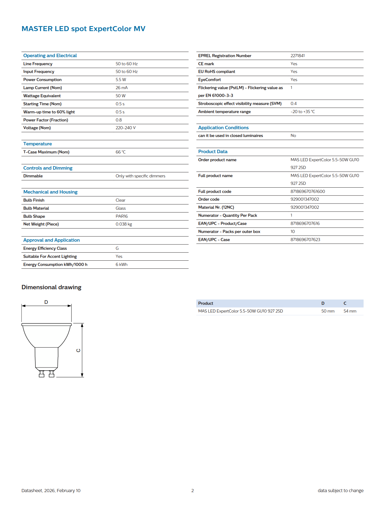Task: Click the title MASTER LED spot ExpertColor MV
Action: tap(83, 29)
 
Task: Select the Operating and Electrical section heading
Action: tap(50, 56)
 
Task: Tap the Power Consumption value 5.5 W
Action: tap(121, 80)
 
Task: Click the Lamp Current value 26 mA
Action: tap(122, 88)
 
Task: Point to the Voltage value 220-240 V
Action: tap(125, 128)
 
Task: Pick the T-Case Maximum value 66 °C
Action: tap(120, 152)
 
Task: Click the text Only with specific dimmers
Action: tap(140, 176)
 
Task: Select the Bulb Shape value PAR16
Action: tap(122, 217)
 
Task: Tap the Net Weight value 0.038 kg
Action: tap(124, 224)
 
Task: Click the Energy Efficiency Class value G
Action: tap(117, 249)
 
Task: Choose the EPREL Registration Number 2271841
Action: tap(297, 56)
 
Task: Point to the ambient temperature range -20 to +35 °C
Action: tap(302, 112)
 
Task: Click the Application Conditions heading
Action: tap(223, 128)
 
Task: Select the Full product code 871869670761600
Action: tap(307, 192)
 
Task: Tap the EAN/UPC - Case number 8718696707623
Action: tap(305, 240)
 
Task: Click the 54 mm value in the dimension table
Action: tap(350, 311)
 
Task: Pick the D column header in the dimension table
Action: tap(323, 304)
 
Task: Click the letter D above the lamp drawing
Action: tap(46, 302)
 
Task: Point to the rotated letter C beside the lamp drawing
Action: tap(78, 350)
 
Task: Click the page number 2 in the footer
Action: tap(192, 491)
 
